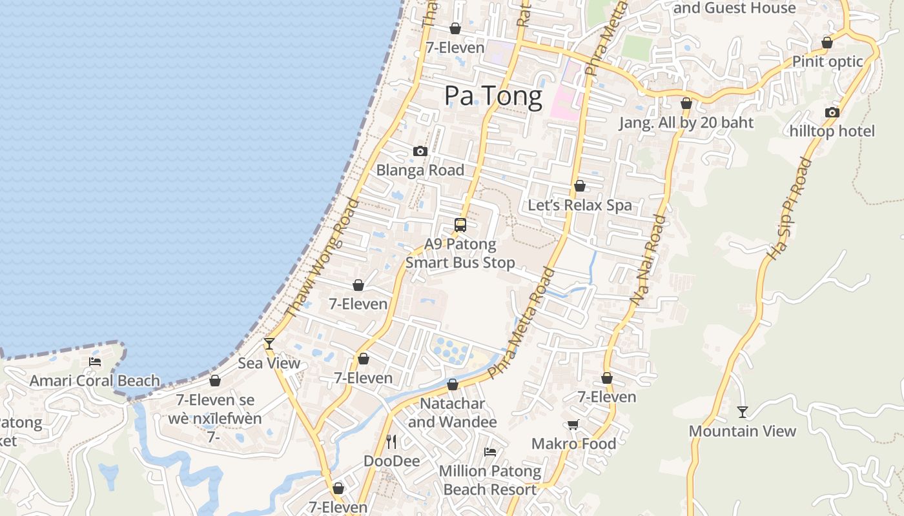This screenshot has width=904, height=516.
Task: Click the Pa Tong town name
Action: coord(493,97)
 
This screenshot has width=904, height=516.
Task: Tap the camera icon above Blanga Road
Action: coord(420,152)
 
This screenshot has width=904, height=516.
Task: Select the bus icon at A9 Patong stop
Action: coord(460,225)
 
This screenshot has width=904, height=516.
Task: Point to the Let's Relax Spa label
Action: coord(580,205)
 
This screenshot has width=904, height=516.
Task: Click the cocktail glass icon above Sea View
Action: coord(269,344)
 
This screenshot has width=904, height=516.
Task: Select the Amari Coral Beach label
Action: coord(95,381)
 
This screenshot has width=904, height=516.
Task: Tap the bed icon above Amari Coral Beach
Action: coord(95,362)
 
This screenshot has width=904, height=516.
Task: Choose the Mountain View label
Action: coord(743,431)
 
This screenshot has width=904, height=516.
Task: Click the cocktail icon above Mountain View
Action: coord(743,412)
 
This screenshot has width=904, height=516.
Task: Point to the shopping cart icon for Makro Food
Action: coord(573,424)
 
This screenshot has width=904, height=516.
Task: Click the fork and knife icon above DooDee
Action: coord(391,442)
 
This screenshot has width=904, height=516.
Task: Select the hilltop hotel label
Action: coord(832,131)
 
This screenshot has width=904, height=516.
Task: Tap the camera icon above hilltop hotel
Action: coord(832,112)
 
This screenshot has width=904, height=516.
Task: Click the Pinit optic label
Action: coord(828,62)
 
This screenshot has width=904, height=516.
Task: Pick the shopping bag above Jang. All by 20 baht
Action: coord(686,104)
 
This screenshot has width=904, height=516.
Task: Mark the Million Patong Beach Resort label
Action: coord(490,480)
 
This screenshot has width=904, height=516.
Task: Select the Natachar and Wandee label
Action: coord(453,413)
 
